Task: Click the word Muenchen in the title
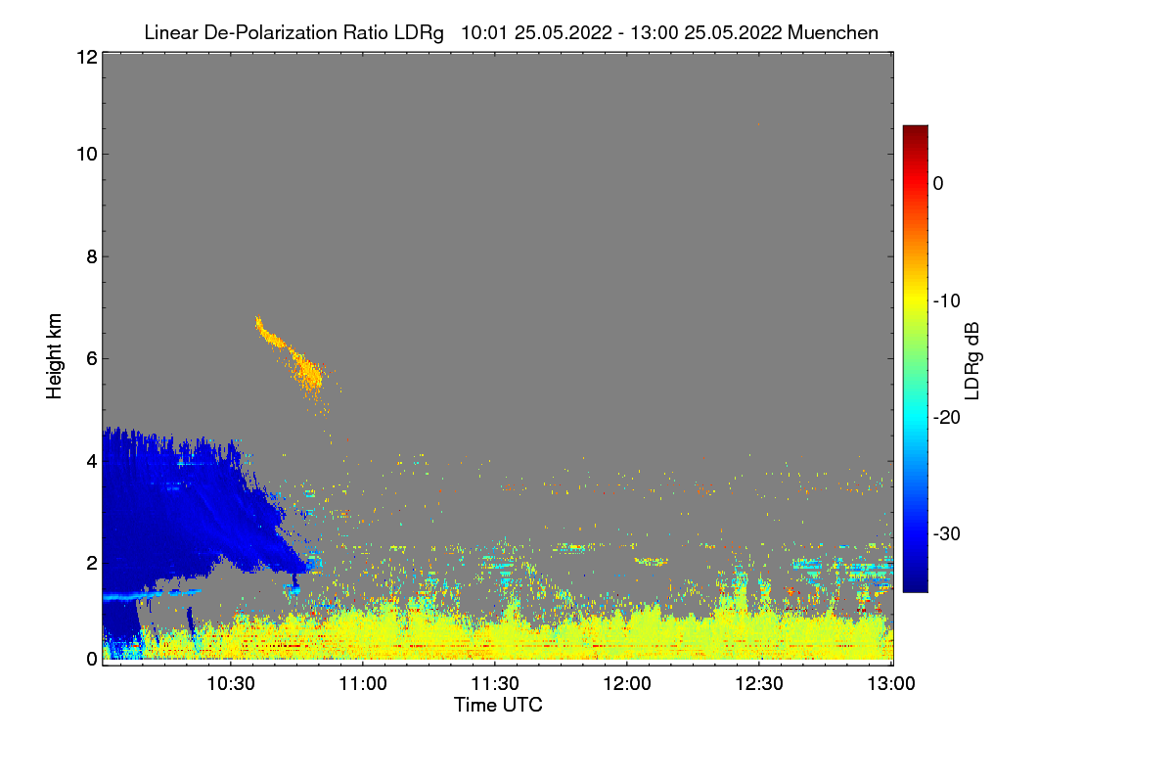pyautogui.click(x=833, y=32)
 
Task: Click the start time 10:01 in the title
pyautogui.click(x=481, y=32)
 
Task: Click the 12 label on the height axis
pyautogui.click(x=85, y=57)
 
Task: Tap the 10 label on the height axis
pyautogui.click(x=85, y=154)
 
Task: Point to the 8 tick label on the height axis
pyautogui.click(x=90, y=256)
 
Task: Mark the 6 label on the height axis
pyautogui.click(x=90, y=359)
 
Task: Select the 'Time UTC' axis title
pyautogui.click(x=498, y=705)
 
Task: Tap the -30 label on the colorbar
pyautogui.click(x=946, y=534)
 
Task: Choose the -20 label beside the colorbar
pyautogui.click(x=946, y=418)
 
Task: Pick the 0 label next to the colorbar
pyautogui.click(x=938, y=183)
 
